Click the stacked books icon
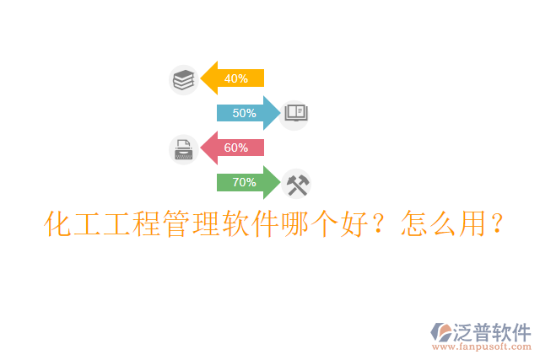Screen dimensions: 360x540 click(x=183, y=79)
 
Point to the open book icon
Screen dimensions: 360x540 click(x=296, y=112)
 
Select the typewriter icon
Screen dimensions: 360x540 click(x=183, y=149)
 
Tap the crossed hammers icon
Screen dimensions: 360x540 click(x=296, y=183)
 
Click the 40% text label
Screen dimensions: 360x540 click(x=236, y=78)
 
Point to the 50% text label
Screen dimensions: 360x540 click(x=244, y=113)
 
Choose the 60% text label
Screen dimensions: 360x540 click(x=236, y=148)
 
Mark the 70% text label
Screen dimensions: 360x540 click(x=244, y=182)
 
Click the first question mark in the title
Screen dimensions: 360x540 click(x=380, y=226)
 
